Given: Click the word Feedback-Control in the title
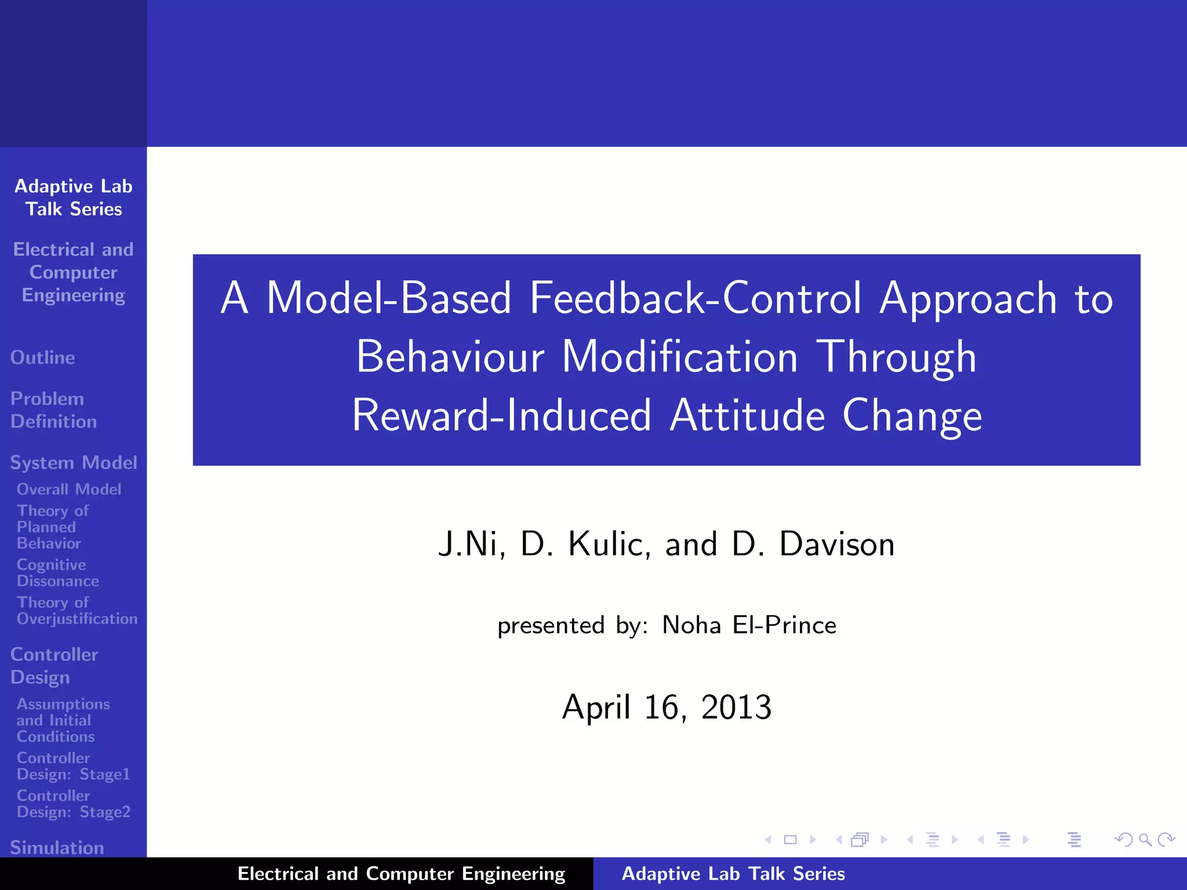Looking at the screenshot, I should tap(696, 298).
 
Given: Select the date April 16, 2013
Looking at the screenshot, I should tap(667, 707).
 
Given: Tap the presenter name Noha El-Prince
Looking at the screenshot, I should tap(749, 625).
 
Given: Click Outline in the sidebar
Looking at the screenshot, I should tap(43, 358).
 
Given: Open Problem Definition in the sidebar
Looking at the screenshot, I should tap(53, 410).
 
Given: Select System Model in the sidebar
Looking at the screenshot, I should tap(74, 462).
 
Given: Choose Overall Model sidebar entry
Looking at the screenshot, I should tap(69, 489).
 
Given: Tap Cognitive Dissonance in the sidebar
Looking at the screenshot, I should tap(57, 572).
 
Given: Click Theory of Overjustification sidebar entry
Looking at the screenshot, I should tap(77, 611).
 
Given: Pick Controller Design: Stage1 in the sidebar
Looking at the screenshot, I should tap(73, 766).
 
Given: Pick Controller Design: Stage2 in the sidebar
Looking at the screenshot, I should tap(73, 804).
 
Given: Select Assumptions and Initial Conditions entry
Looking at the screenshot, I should tap(63, 720).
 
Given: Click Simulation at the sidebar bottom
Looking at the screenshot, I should tap(57, 847).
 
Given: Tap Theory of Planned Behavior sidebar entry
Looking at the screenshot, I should tap(52, 527).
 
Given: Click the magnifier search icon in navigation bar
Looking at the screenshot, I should tap(1145, 840).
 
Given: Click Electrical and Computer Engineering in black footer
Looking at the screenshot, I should tap(401, 874).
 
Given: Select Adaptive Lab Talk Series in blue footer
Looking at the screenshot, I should tap(733, 874).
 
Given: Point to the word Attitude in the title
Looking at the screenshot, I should tap(747, 415).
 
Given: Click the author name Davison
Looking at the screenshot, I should tap(836, 544).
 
